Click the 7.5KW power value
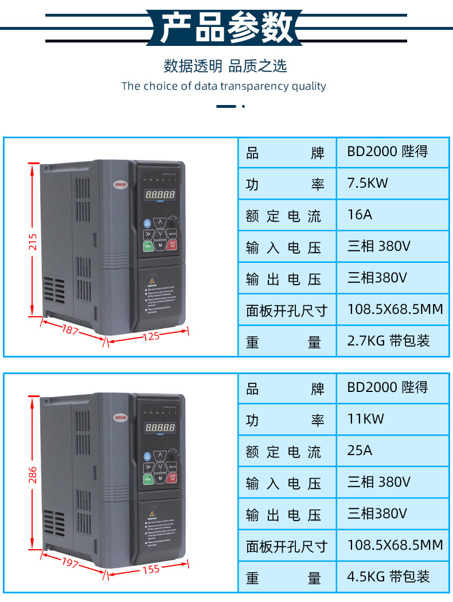[368, 183]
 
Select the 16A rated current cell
[360, 215]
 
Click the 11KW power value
[365, 418]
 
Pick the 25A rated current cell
[360, 450]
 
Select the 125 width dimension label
[151, 336]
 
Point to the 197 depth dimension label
[70, 563]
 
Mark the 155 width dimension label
[151, 569]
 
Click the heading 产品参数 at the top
[226, 27]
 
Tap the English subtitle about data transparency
[224, 86]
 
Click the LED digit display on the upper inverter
[160, 195]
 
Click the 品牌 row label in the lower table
[285, 389]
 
